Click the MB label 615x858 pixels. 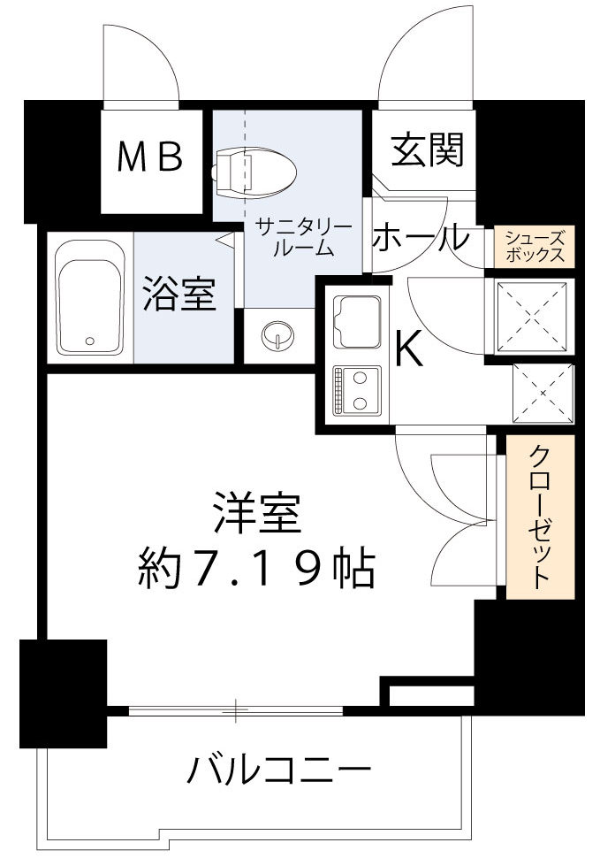pyautogui.click(x=151, y=157)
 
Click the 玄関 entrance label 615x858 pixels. pyautogui.click(x=428, y=151)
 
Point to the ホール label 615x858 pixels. pyautogui.click(x=419, y=238)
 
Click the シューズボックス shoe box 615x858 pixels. pyautogui.click(x=535, y=246)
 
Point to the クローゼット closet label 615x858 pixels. pyautogui.click(x=540, y=517)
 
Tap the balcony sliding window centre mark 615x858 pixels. pyautogui.click(x=236, y=709)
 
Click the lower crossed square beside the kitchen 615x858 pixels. pyautogui.click(x=543, y=392)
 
